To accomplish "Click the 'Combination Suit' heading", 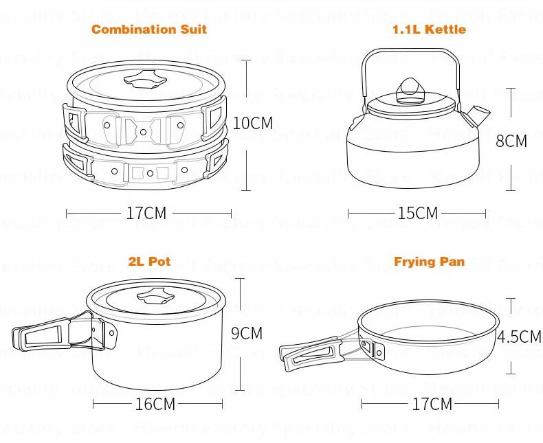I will (148, 30).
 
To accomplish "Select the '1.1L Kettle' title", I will (428, 30).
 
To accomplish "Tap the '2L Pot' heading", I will (149, 262).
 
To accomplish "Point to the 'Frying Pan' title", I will (429, 262).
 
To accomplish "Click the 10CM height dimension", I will (252, 124).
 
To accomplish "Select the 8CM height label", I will (511, 141).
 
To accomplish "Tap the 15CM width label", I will (417, 214).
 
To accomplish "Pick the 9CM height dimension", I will (246, 334).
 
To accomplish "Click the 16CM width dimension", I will (155, 404).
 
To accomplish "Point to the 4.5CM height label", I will (519, 337).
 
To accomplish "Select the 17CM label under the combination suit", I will (146, 214).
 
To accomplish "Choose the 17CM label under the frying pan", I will (432, 404).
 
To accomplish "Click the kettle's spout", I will (476, 111).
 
